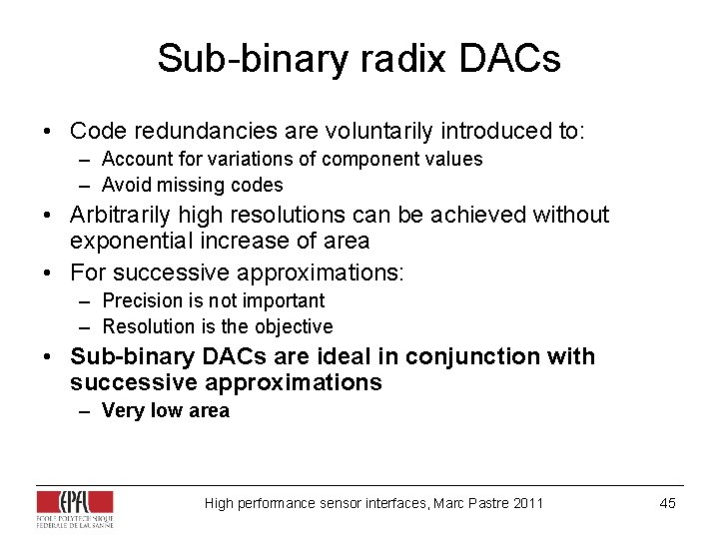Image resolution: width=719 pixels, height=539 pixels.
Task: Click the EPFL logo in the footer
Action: point(75,507)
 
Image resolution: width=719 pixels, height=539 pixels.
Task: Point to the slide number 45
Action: point(668,503)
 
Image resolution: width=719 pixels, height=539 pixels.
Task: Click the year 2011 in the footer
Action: point(527,503)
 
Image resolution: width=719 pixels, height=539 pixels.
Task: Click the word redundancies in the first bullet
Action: point(195,131)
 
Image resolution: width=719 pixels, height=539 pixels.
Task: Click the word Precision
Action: point(140,300)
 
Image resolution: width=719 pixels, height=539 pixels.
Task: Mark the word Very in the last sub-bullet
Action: point(122,410)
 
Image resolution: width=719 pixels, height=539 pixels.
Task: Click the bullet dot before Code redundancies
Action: point(48,132)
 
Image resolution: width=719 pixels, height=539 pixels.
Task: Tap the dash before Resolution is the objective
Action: point(87,326)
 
